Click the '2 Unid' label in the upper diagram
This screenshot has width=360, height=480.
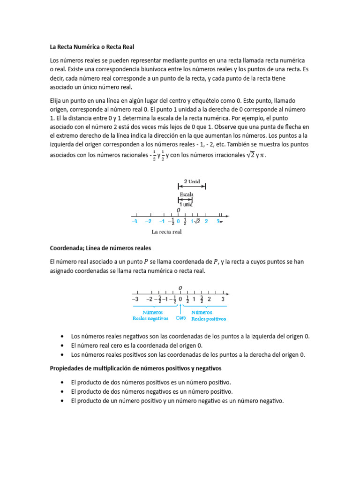[x=191, y=181]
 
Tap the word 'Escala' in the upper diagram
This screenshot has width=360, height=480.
[x=186, y=194]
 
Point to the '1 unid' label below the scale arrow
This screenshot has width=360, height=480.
[x=186, y=204]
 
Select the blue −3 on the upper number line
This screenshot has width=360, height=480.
[x=134, y=221]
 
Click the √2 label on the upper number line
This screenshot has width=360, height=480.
[x=197, y=221]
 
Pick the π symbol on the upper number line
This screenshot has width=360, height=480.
[x=221, y=222]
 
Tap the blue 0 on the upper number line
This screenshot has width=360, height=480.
[x=178, y=221]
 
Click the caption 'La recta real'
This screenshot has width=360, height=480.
[x=166, y=232]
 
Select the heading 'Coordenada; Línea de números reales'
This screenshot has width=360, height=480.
[x=100, y=247]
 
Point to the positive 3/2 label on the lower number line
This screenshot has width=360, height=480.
[x=202, y=299]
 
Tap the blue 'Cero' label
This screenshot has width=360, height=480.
[x=181, y=318]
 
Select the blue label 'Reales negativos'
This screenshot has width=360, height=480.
[x=150, y=318]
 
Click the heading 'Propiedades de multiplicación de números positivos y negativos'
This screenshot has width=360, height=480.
[x=135, y=368]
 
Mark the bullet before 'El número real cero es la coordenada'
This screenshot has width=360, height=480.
[x=63, y=345]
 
